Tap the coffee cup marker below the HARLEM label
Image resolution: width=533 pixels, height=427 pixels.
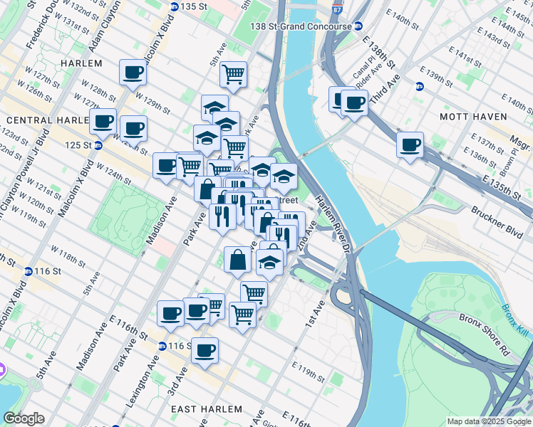coord(133,72)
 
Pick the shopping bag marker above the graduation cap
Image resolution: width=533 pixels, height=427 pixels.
coord(237,260)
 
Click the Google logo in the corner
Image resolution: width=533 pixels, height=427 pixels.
coord(24,418)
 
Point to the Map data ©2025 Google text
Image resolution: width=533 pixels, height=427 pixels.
coord(489,421)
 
